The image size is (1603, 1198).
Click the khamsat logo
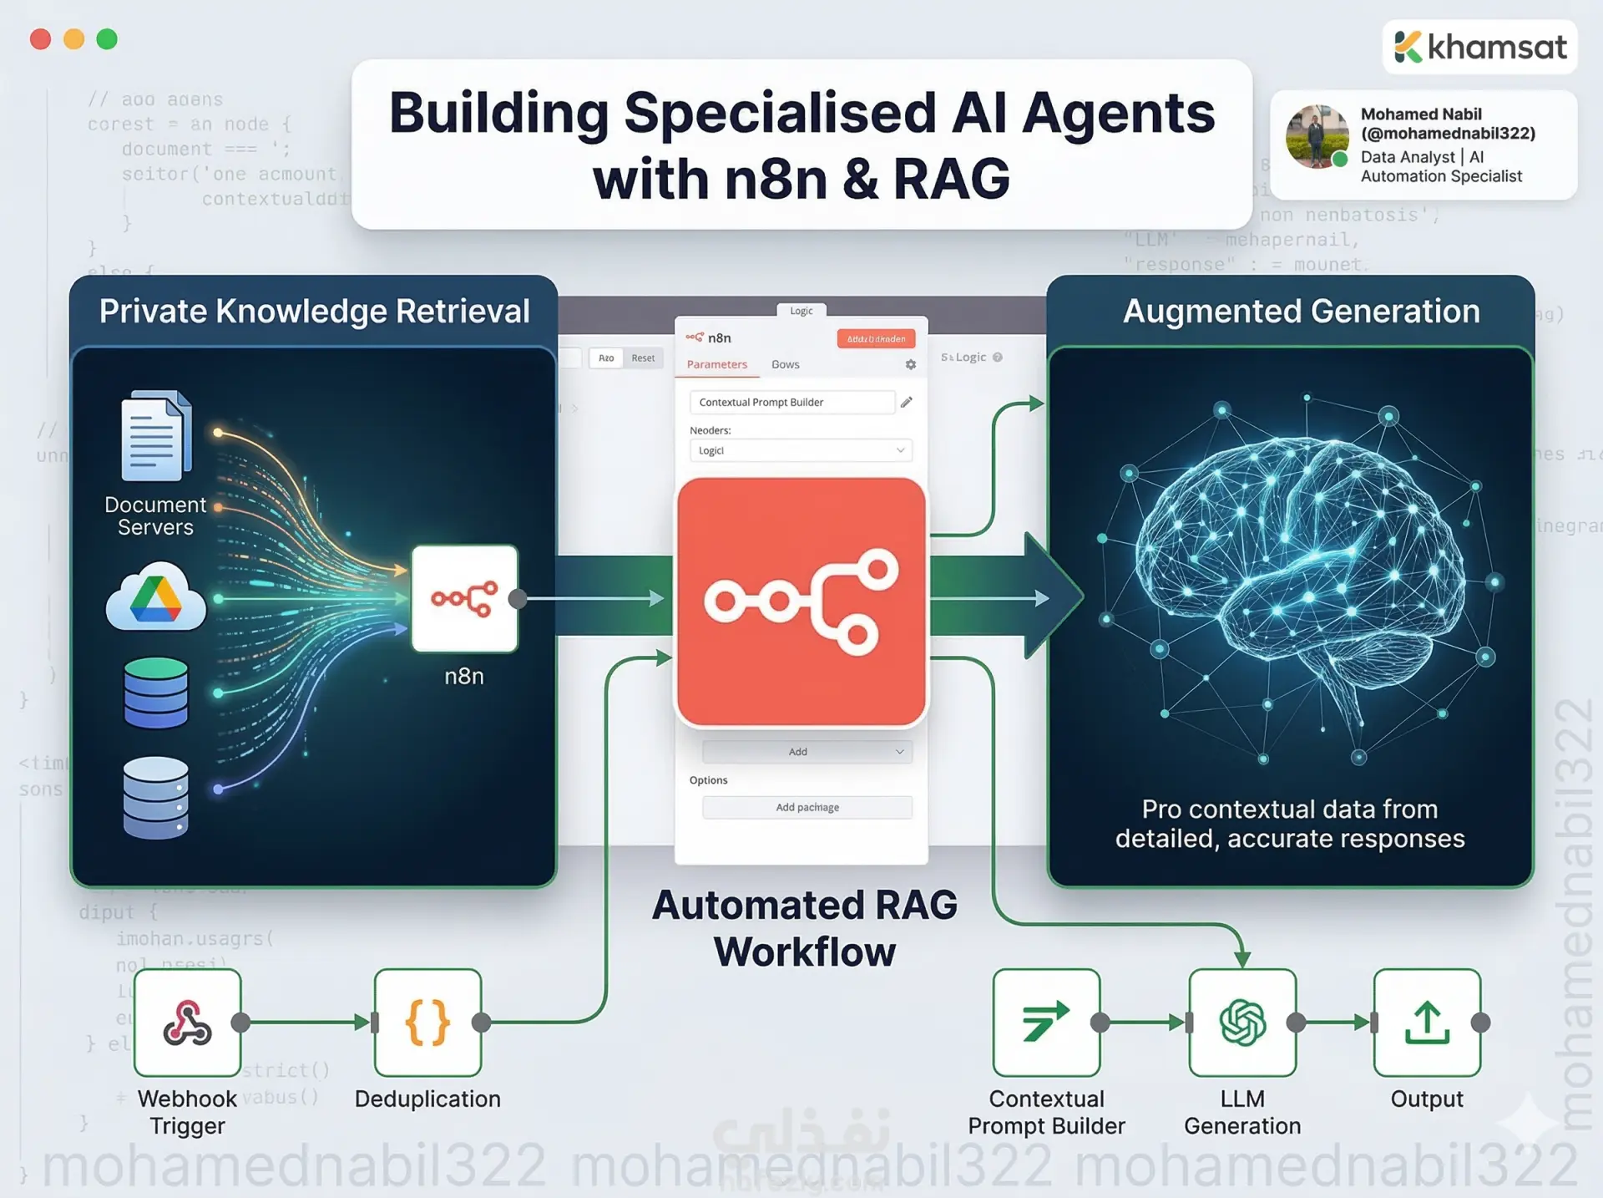coord(1479,47)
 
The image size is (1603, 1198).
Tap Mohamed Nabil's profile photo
coord(1317,136)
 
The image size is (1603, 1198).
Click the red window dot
coord(40,39)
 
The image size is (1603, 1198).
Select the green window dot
coord(107,39)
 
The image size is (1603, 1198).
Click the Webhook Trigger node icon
coord(187,1022)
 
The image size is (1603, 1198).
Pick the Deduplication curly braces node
coord(427,1022)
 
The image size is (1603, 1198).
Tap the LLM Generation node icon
coord(1242,1022)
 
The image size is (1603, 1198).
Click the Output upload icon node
coord(1427,1022)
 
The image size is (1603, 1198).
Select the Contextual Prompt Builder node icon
coord(1046,1022)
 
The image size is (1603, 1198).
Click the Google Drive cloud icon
coord(156,596)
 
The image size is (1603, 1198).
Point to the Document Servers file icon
coord(156,436)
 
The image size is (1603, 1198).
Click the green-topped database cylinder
coord(156,693)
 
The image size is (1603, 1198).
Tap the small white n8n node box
coord(464,598)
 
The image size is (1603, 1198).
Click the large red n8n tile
coord(801,602)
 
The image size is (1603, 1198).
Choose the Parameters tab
coord(716,364)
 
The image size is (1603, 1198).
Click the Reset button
coord(643,358)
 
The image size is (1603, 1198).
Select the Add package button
coord(807,807)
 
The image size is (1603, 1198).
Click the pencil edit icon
coord(907,402)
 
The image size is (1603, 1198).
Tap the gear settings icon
coord(911,364)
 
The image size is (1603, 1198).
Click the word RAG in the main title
coord(951,179)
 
